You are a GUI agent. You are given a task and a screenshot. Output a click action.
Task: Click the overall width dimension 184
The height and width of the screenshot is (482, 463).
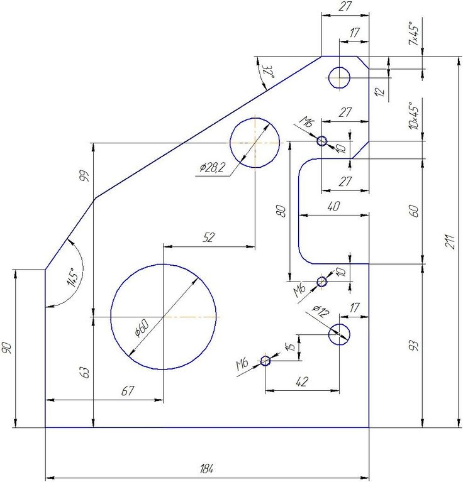207,469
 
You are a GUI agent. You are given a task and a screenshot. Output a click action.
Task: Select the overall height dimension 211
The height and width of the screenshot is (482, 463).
449,241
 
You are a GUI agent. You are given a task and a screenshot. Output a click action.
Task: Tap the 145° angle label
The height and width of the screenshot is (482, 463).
75,277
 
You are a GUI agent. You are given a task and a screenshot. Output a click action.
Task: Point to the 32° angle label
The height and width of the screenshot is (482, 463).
268,72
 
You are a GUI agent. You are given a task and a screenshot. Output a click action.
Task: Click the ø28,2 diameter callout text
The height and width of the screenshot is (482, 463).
212,167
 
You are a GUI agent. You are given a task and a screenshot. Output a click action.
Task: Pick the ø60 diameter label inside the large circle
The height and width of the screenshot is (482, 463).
142,327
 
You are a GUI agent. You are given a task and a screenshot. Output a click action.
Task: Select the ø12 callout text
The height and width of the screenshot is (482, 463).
321,311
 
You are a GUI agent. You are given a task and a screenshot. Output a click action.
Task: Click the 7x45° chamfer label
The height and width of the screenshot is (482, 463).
414,33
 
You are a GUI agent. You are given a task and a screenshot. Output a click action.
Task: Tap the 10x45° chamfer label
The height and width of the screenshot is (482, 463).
414,116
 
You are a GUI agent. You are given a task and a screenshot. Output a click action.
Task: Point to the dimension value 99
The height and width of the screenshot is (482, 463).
84,176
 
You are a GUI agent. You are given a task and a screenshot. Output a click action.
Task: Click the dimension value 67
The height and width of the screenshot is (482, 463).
127,391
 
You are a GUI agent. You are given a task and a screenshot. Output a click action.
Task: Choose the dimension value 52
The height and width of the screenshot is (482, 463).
209,238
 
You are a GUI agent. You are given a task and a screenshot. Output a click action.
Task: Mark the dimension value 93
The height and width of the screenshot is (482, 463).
415,346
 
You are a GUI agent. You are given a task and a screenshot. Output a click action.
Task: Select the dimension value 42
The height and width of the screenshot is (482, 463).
302,381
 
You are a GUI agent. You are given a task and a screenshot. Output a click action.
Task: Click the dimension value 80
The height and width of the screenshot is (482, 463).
281,211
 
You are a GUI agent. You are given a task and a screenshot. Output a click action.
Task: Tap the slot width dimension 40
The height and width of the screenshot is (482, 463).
333,206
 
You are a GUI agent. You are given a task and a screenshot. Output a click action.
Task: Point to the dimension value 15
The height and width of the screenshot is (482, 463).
291,347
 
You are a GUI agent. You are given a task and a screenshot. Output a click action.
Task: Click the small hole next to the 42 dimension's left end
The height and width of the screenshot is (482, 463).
265,361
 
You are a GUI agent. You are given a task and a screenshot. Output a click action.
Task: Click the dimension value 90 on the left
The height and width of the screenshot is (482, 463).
7,348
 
